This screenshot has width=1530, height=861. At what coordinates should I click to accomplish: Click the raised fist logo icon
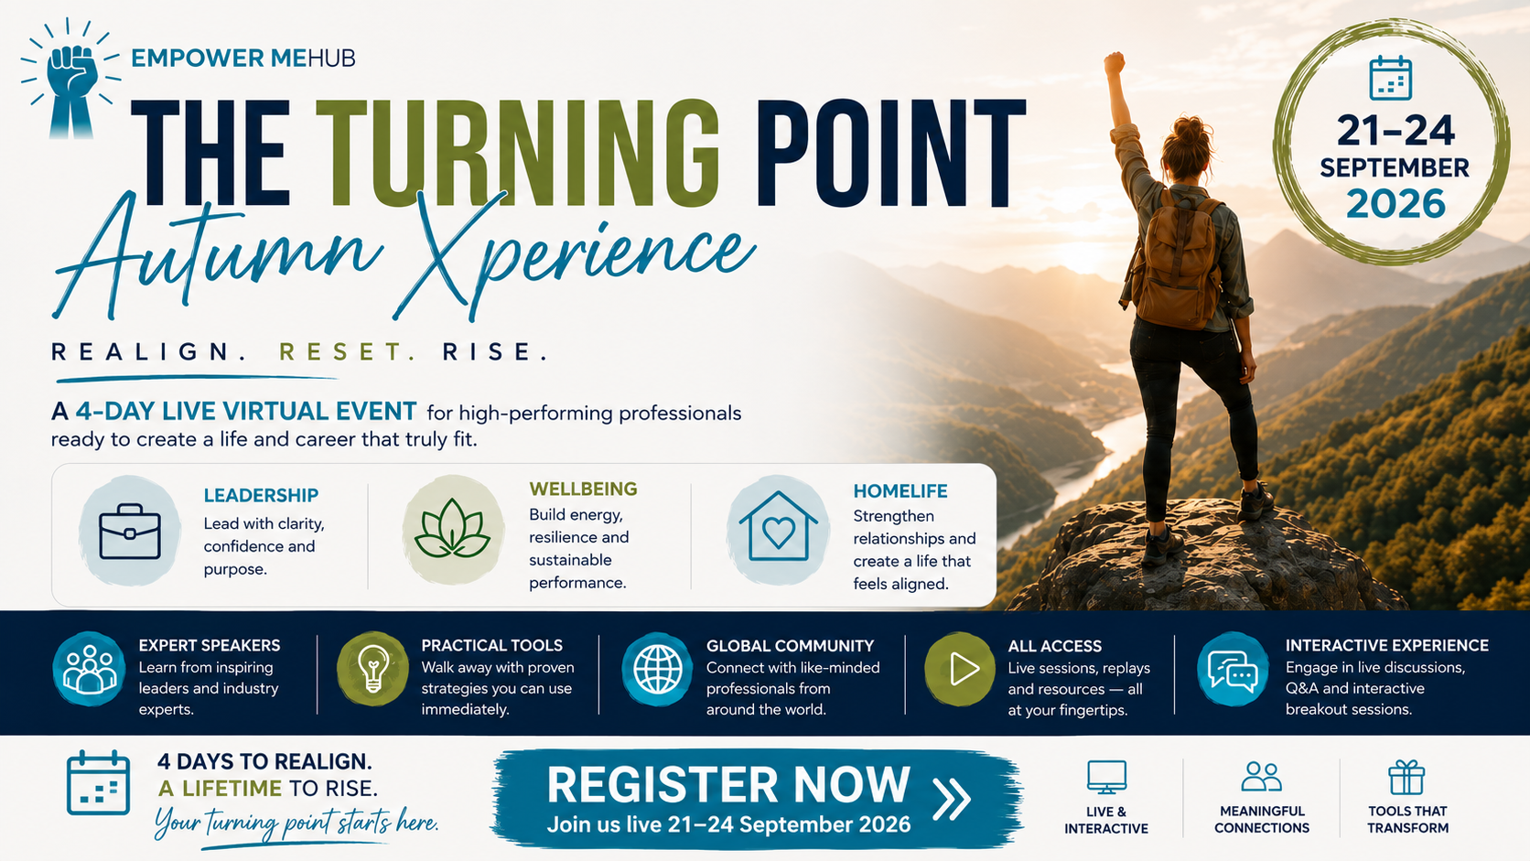(x=70, y=80)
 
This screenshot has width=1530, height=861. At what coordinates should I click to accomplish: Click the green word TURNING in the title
(x=517, y=153)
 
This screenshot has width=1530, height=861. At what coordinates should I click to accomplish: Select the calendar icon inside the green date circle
(x=1391, y=78)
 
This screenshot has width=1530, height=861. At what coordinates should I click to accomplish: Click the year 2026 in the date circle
(x=1395, y=203)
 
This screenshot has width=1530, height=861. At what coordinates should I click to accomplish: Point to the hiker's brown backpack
(x=1178, y=261)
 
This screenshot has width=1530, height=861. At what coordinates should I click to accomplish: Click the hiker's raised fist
(x=1114, y=63)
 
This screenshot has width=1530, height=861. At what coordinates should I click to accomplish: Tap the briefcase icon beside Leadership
(x=130, y=532)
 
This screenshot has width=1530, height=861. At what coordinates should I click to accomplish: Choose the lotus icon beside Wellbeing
(x=452, y=529)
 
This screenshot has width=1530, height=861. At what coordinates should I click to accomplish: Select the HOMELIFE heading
(x=900, y=491)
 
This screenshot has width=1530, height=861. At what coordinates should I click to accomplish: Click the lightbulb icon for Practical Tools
(x=373, y=669)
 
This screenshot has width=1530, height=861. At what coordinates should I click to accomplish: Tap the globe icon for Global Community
(x=657, y=669)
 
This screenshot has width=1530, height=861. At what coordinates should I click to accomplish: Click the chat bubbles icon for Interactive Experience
(x=1233, y=669)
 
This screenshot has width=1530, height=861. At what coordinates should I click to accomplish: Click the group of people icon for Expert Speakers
(x=89, y=669)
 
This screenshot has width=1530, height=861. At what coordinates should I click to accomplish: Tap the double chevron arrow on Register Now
(x=953, y=799)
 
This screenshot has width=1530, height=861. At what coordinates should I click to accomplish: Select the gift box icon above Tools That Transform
(x=1406, y=778)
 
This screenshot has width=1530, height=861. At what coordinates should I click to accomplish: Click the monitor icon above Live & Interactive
(x=1106, y=778)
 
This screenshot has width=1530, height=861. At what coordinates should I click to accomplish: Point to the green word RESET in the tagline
(x=348, y=352)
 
